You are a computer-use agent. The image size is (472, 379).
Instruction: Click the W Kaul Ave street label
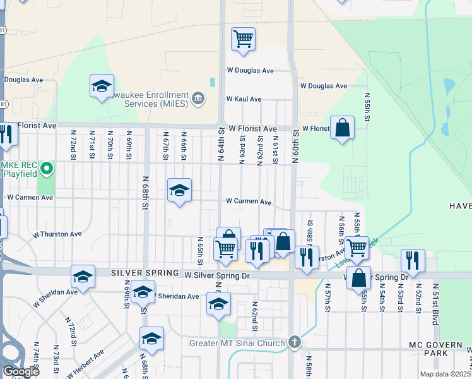click(x=244, y=99)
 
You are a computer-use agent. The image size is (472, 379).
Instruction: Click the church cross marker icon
click(x=294, y=342)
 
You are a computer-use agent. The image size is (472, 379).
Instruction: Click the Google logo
click(x=21, y=371)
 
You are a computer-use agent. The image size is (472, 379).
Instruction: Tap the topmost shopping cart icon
click(x=243, y=39)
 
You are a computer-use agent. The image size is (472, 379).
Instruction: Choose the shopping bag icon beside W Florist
click(x=342, y=128)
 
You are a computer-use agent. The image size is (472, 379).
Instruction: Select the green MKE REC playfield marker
click(x=46, y=169)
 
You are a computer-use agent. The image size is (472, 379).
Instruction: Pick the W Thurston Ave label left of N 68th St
click(x=58, y=234)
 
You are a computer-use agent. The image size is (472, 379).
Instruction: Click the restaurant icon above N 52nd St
click(x=413, y=260)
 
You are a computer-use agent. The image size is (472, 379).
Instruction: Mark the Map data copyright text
click(x=445, y=374)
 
